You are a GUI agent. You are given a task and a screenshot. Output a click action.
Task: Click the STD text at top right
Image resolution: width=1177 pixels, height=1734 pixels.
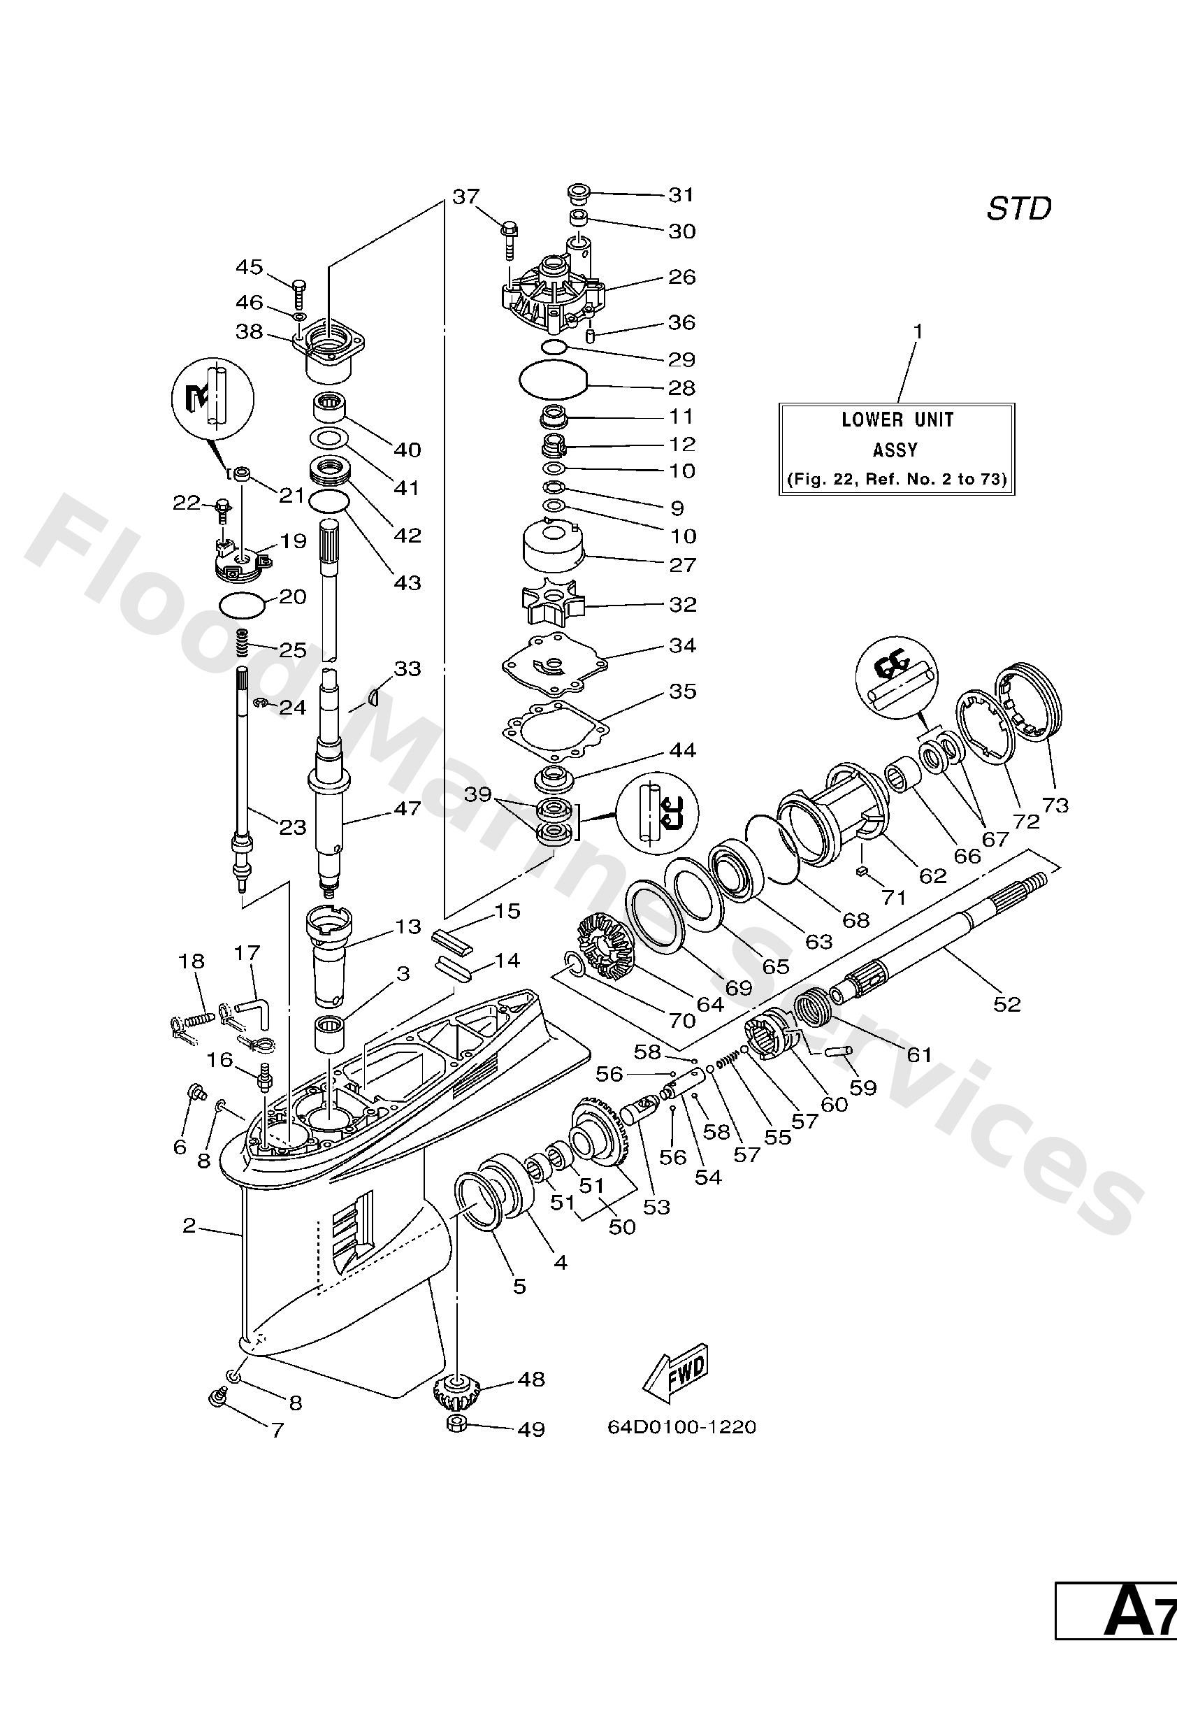click(x=1018, y=209)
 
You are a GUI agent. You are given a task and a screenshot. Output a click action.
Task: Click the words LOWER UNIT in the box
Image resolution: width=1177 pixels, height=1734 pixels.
click(x=897, y=420)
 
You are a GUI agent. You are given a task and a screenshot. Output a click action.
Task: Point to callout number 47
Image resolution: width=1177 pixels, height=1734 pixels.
click(x=407, y=808)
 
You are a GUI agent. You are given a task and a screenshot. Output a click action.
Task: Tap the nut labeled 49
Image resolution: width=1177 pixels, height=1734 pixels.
click(x=456, y=1423)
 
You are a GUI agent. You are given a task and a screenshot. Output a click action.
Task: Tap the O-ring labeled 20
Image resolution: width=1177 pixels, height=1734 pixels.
click(x=243, y=604)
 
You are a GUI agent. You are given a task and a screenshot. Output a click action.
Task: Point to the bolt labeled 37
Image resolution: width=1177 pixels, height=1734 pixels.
click(x=510, y=238)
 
